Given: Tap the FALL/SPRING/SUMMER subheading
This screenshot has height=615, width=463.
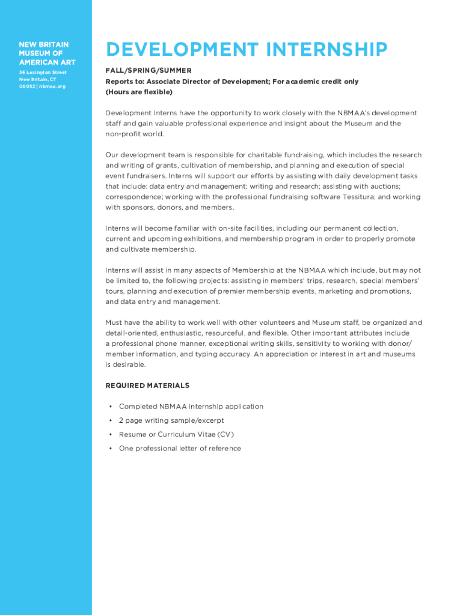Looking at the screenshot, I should [x=149, y=71].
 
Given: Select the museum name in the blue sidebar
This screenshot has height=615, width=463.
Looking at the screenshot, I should [x=44, y=53].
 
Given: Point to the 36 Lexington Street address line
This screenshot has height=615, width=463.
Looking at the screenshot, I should [x=42, y=73].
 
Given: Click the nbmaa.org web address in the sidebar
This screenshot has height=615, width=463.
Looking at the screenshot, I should [x=54, y=86].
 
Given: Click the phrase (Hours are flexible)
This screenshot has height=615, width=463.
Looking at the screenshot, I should [x=139, y=92].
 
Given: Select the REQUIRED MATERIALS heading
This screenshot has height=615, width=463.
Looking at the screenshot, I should [x=147, y=386].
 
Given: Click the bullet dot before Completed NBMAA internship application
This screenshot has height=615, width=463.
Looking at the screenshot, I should [x=110, y=407].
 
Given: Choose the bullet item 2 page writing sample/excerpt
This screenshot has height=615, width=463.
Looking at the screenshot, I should [x=171, y=420].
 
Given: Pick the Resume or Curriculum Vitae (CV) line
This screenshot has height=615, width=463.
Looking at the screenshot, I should [x=176, y=434].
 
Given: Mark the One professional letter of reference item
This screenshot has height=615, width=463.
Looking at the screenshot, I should [x=180, y=448].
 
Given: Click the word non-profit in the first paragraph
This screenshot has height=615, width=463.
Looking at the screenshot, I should [x=121, y=134].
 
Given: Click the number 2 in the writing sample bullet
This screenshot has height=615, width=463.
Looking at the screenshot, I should [x=121, y=420].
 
